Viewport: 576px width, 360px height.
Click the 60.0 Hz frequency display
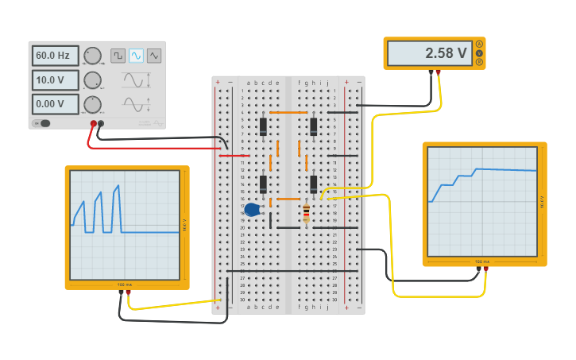click(x=55, y=56)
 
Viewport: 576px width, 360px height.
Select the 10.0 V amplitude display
click(x=55, y=80)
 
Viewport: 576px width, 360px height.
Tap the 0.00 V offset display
click(x=55, y=104)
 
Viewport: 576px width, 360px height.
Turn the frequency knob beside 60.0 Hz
click(x=92, y=56)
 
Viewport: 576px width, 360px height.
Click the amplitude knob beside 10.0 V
click(x=92, y=80)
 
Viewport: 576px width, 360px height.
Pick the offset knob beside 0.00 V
click(x=92, y=104)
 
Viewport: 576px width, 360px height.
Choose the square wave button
click(x=118, y=56)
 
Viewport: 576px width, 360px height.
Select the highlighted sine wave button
click(x=136, y=56)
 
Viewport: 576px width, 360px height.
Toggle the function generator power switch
click(x=42, y=123)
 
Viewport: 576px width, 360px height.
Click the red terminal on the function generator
click(x=94, y=123)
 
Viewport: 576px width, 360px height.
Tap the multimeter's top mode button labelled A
click(x=479, y=45)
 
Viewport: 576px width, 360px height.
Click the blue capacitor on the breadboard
click(x=252, y=210)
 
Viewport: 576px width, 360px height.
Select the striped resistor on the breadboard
click(x=306, y=212)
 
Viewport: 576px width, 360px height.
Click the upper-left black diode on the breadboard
click(x=263, y=126)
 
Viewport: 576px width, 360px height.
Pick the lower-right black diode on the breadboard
click(x=314, y=184)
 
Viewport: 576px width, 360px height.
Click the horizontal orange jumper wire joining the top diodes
click(x=288, y=113)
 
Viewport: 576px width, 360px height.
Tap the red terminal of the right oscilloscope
click(x=485, y=269)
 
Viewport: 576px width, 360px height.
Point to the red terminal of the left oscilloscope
click(x=128, y=292)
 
